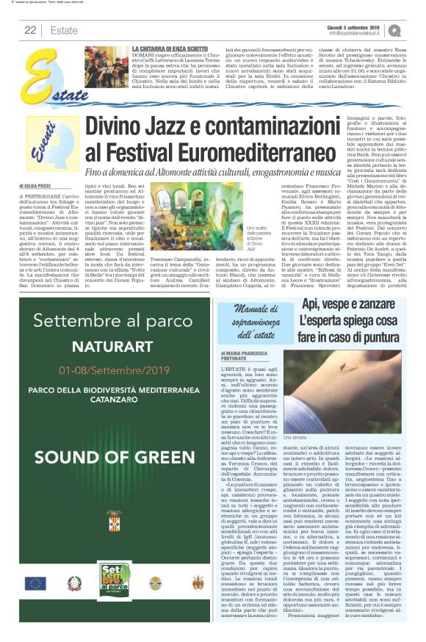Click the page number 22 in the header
[30, 29]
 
